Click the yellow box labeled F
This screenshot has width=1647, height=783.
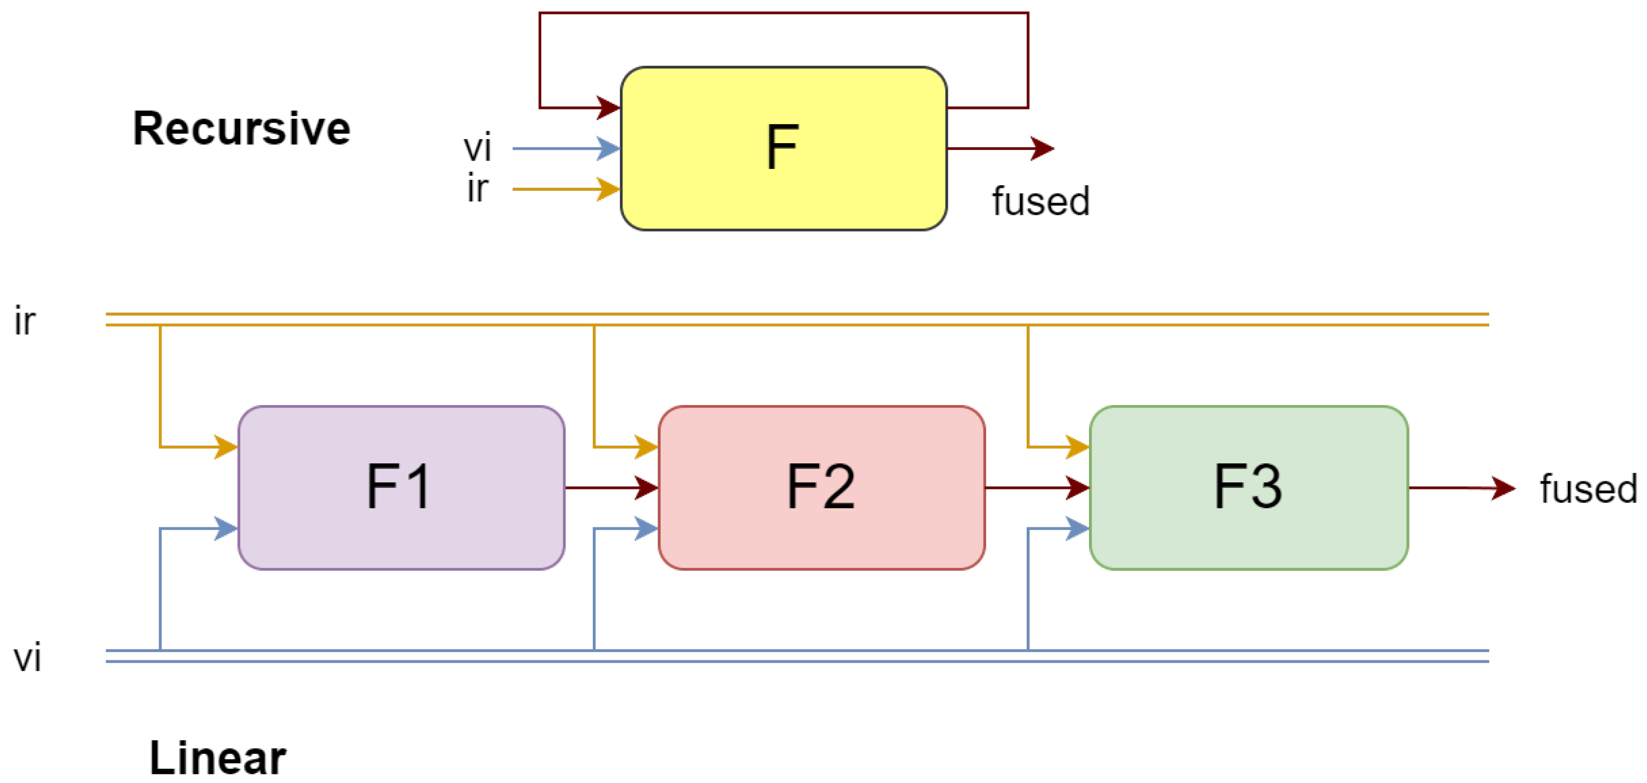783,148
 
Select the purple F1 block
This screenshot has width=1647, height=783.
401,487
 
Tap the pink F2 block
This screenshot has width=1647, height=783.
821,487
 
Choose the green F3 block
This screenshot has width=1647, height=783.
1248,487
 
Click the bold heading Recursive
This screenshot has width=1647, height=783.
242,128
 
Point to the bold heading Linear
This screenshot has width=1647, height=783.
217,757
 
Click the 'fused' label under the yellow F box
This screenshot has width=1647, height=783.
1040,202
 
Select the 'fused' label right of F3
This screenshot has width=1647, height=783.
1588,489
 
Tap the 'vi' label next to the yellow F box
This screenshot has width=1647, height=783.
478,148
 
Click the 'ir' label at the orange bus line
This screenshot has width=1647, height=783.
25,321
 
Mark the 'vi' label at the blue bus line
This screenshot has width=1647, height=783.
28,657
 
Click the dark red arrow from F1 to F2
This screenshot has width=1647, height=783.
611,487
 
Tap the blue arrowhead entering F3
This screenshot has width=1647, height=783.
1077,528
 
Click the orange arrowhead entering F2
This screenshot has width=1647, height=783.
646,446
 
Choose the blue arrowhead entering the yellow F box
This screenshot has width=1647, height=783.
608,148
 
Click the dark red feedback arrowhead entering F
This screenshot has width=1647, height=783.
608,107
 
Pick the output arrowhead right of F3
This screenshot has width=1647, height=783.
1502,488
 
